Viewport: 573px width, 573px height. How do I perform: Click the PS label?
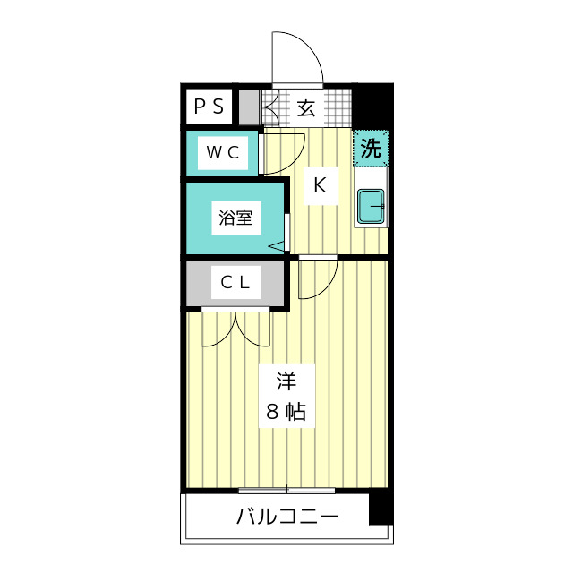[x=209, y=107]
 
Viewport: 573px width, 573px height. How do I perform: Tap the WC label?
[x=223, y=152]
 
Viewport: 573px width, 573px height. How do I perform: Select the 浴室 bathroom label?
[x=235, y=218]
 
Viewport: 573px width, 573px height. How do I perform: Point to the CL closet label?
[x=235, y=282]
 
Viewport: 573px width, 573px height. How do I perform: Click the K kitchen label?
[x=321, y=185]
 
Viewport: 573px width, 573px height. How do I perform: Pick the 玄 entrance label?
[x=306, y=108]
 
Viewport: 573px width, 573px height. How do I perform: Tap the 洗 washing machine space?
[x=371, y=149]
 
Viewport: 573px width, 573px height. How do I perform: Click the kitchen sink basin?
[x=371, y=206]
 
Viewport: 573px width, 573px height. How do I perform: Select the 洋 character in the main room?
[x=286, y=381]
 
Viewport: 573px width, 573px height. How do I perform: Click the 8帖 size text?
[x=286, y=411]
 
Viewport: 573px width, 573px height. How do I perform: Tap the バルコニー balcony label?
[x=287, y=517]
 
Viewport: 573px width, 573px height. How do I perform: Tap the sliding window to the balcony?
[x=286, y=490]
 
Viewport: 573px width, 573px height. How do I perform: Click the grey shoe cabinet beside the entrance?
[x=249, y=107]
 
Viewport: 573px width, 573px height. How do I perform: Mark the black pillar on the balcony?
[x=380, y=507]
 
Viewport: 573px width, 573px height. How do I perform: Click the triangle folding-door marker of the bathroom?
[x=277, y=246]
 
